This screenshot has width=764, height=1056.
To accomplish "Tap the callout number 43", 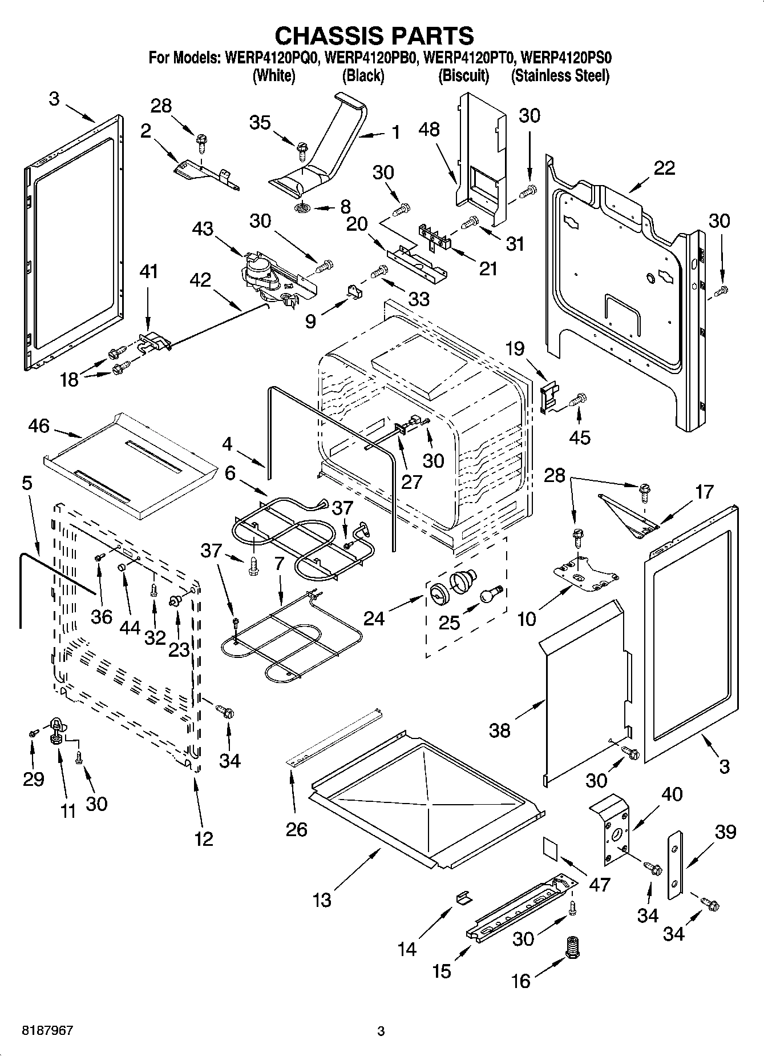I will point(203,229).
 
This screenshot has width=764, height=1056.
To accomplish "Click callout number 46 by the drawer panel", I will point(39,426).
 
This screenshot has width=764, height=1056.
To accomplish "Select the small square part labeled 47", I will point(551,847).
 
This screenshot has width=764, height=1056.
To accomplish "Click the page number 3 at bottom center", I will point(381,1031).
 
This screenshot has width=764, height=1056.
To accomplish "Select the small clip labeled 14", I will point(464,897).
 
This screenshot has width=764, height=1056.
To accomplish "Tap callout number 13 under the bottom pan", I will point(322,900).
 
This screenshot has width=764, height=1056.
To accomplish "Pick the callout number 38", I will point(500,730).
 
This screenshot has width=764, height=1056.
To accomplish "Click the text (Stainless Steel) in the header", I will point(560,76).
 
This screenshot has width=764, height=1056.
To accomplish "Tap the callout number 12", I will point(204,838).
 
